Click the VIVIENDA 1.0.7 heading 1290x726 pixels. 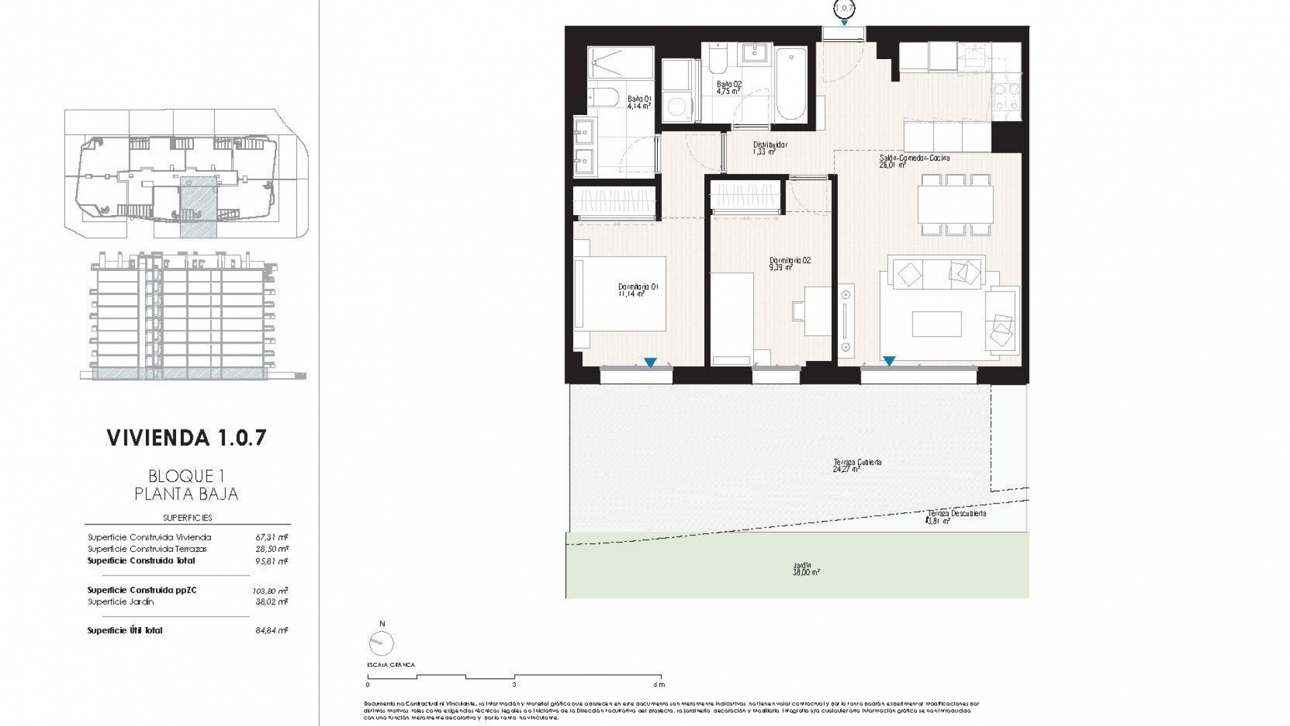[x=187, y=438]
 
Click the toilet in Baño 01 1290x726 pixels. [x=603, y=97]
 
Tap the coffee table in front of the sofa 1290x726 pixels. [x=937, y=324]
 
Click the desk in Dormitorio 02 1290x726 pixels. [x=818, y=311]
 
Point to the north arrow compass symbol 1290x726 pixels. [x=382, y=643]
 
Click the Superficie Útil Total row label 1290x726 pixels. [x=125, y=631]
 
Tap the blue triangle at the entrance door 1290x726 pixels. [x=844, y=23]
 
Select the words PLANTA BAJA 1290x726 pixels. [x=187, y=494]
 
